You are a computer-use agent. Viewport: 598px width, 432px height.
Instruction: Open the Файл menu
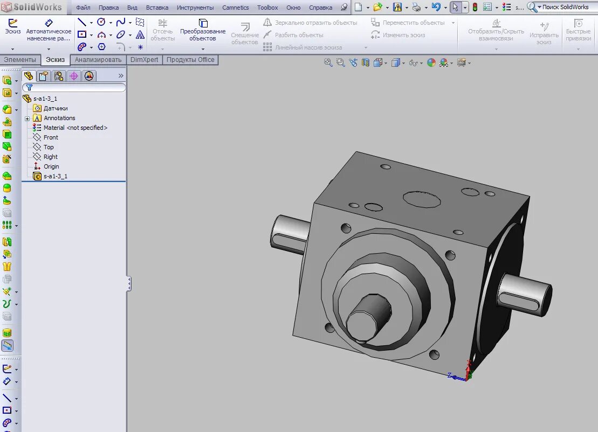tap(83, 8)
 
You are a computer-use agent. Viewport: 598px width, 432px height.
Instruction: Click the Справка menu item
tap(321, 8)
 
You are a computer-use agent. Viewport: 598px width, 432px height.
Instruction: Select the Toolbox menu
tap(267, 8)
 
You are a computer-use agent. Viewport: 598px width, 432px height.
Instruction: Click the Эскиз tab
tap(55, 60)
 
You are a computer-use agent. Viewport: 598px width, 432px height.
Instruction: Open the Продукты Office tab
tap(190, 60)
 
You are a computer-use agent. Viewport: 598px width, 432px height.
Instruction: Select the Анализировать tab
tap(98, 60)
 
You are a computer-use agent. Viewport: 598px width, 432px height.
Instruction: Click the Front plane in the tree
tap(51, 137)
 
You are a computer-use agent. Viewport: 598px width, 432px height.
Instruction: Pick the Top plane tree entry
tap(49, 147)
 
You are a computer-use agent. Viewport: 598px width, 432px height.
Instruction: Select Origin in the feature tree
tap(51, 166)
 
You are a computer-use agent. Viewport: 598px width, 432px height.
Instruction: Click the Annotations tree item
tap(59, 118)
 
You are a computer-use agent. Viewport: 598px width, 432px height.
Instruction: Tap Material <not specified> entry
tap(75, 128)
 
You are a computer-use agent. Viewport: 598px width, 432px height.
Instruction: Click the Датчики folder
tap(56, 108)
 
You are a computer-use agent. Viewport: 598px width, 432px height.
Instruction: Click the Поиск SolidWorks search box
tap(565, 7)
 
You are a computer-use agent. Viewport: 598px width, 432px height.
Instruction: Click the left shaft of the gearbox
tap(288, 232)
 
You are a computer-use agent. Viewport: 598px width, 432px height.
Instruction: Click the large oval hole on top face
tap(421, 199)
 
